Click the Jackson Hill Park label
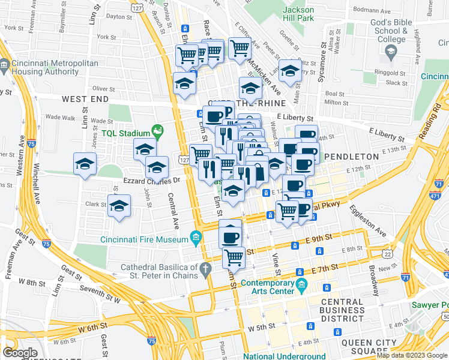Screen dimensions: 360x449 pyautogui.click(x=298, y=14)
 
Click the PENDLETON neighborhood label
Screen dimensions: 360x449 pyautogui.click(x=351, y=157)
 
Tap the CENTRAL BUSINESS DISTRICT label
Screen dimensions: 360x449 pyautogui.click(x=342, y=310)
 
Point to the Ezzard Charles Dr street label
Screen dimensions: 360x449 pyautogui.click(x=153, y=179)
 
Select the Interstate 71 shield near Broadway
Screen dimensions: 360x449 pyautogui.click(x=406, y=278)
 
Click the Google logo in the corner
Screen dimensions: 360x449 pyautogui.click(x=20, y=352)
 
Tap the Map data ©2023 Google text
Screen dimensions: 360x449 pyautogui.click(x=412, y=355)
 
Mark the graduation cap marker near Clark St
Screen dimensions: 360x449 pyautogui.click(x=119, y=206)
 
